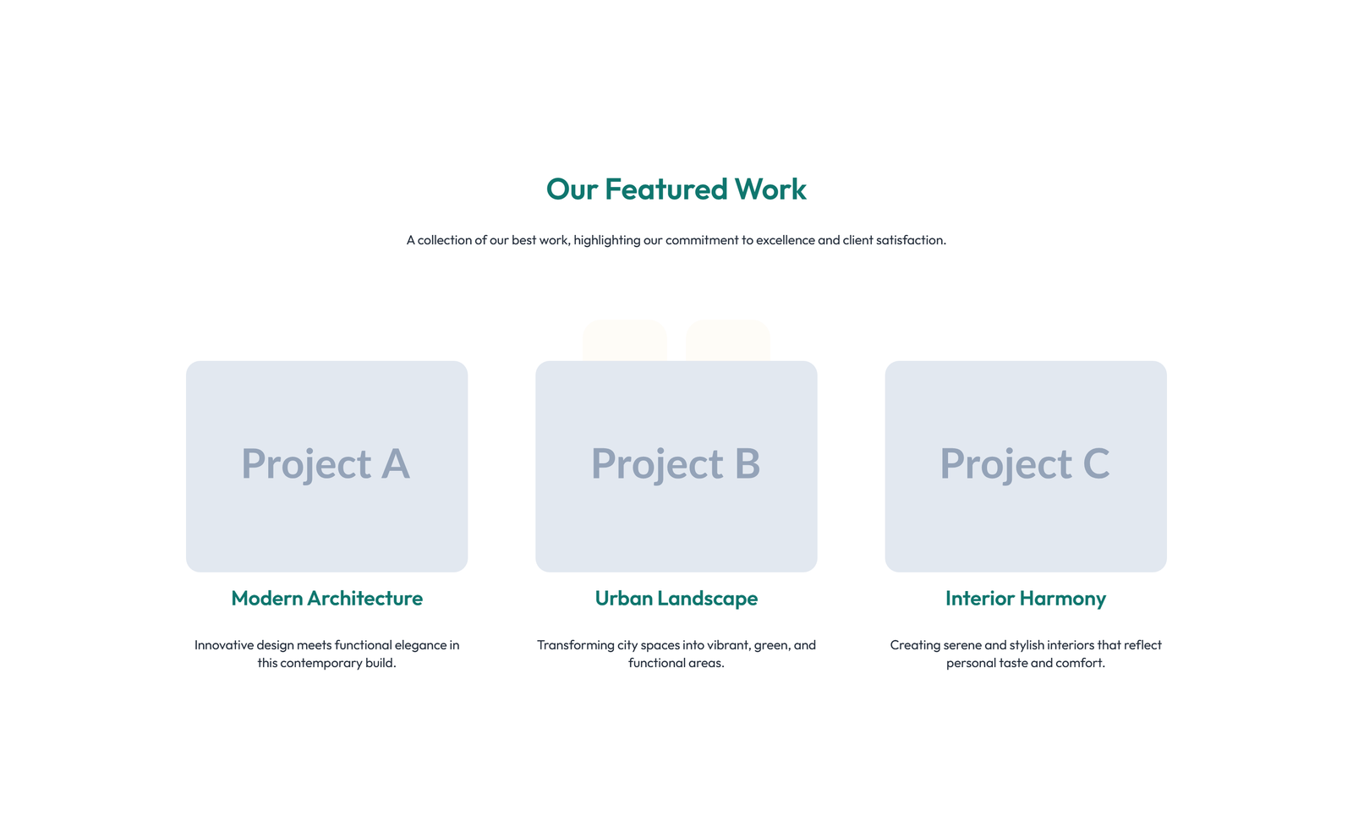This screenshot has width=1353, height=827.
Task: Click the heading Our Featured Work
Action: [676, 189]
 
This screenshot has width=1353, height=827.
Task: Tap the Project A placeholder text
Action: [326, 464]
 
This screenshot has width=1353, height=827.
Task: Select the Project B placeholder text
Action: [676, 464]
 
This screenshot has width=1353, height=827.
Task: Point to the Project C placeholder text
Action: [1025, 464]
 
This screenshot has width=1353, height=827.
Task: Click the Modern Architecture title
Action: [326, 599]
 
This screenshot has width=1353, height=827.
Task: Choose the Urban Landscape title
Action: [676, 599]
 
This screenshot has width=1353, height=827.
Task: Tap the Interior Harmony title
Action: [1025, 599]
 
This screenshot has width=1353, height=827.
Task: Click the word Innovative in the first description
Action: [224, 645]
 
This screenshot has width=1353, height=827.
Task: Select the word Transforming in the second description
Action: [575, 645]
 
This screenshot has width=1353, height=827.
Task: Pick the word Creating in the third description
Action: [915, 645]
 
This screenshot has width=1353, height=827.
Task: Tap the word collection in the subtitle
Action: [444, 240]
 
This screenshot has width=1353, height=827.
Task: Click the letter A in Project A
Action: [395, 464]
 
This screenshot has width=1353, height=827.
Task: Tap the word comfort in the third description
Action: [1079, 663]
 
